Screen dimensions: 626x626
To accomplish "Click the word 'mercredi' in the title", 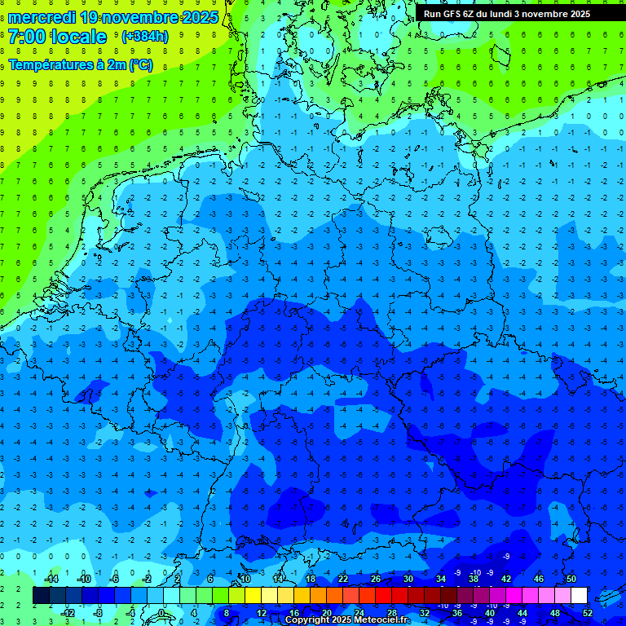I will point(42,17).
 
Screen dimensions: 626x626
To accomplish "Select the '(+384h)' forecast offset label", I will point(145,37).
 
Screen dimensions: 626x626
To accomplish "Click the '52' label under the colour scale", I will point(588,613).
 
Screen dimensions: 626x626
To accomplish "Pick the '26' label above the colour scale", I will point(376,579).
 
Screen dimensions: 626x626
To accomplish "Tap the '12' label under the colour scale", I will point(262,613).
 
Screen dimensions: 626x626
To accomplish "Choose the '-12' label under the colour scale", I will point(68,613).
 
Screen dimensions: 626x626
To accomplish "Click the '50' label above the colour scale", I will point(571,579).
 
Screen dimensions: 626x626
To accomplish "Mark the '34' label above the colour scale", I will point(441,579).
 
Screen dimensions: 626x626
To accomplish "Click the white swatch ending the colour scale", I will point(579,596).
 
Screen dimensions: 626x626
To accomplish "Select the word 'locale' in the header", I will point(80,37).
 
